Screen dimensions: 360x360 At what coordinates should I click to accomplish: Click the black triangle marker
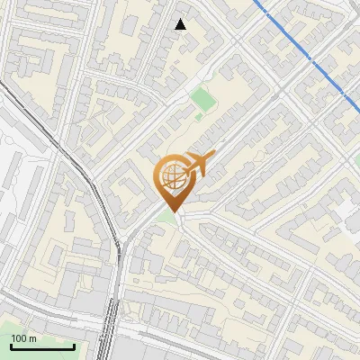pos(181,24)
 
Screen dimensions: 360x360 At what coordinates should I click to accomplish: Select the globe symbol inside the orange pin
pos(170,177)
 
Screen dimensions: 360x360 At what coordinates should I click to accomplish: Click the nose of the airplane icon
pos(213,155)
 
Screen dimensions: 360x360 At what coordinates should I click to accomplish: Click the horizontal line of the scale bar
pos(42,347)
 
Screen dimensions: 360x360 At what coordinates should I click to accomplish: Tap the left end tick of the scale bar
pos(11,346)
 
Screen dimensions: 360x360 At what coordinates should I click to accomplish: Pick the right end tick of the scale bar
pos(74,346)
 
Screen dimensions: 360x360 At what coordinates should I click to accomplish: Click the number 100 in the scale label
pos(19,338)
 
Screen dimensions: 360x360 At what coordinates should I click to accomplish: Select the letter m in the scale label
pos(31,339)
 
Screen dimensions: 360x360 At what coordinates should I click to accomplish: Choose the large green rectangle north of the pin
pos(202,100)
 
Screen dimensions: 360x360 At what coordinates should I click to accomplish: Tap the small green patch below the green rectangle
pos(199,115)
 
